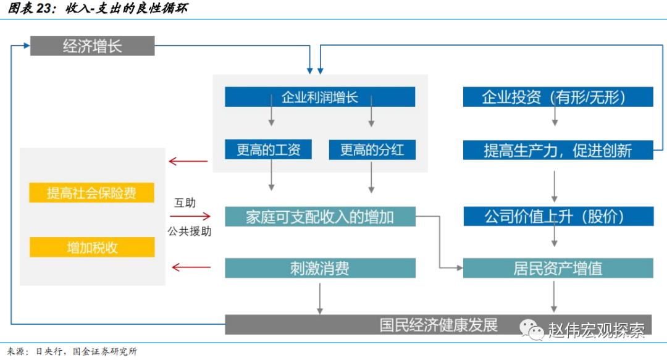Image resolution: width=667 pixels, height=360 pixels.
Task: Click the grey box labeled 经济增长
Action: pyautogui.click(x=92, y=46)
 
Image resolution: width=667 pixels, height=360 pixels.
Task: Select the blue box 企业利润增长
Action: pyautogui.click(x=320, y=98)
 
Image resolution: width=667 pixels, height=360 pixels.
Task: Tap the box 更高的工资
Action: pyautogui.click(x=268, y=149)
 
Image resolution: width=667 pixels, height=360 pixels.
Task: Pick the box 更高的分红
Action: pyautogui.click(x=372, y=149)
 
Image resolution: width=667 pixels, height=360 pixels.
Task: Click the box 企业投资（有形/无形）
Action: pyautogui.click(x=558, y=98)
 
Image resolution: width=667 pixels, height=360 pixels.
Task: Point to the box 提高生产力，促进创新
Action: pyautogui.click(x=558, y=149)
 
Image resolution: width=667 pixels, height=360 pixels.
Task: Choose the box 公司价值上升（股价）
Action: pyautogui.click(x=558, y=216)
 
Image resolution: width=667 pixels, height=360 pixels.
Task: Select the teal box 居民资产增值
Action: pyautogui.click(x=558, y=268)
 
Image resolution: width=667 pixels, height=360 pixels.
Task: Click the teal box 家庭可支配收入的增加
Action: pyautogui.click(x=320, y=216)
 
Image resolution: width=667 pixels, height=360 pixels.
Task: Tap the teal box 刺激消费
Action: pyautogui.click(x=320, y=268)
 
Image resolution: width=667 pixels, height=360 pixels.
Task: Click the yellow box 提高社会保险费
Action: pyautogui.click(x=91, y=193)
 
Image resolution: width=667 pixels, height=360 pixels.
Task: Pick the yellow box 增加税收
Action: pyautogui.click(x=91, y=247)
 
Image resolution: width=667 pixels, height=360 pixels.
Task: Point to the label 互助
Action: pyautogui.click(x=185, y=202)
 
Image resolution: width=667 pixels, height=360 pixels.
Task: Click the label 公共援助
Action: pyautogui.click(x=189, y=232)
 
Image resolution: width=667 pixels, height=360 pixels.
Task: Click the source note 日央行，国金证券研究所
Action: pyautogui.click(x=86, y=351)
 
